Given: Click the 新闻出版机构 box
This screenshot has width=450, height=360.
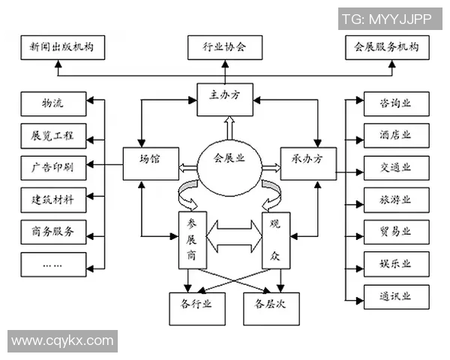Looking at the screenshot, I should [62, 48].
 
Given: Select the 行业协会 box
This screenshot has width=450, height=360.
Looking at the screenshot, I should [224, 48].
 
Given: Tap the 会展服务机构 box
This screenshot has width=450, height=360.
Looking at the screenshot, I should [387, 48].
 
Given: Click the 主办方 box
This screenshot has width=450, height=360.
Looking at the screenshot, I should [224, 98].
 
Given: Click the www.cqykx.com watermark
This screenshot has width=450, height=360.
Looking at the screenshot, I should [63, 341].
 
